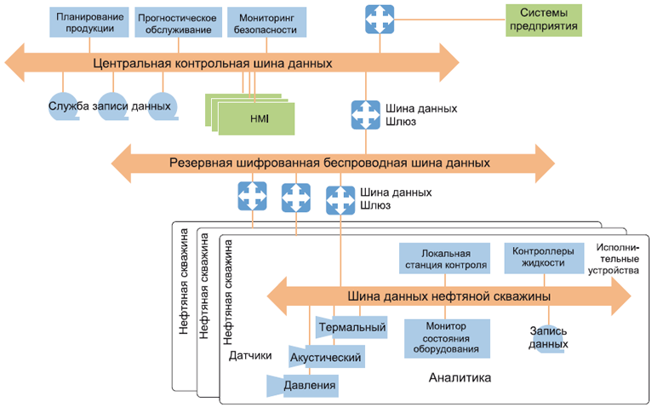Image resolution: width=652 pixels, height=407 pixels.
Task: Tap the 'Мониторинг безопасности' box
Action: tap(266, 23)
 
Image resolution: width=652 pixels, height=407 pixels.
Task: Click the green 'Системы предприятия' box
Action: tap(543, 20)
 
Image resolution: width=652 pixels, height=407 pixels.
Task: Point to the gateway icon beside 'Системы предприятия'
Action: tap(379, 20)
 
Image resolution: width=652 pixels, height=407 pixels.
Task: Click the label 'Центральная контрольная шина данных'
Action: tap(212, 63)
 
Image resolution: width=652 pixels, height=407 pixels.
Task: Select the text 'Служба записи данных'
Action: tap(110, 106)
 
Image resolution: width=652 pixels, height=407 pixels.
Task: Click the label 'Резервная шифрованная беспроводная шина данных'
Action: tap(329, 162)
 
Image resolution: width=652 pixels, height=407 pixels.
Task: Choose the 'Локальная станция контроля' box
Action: tap(445, 259)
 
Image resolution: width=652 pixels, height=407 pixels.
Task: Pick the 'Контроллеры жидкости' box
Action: tap(540, 259)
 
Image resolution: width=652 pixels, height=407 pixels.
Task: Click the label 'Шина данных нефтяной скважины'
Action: tap(449, 296)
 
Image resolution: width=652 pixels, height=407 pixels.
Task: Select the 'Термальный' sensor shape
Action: tap(351, 328)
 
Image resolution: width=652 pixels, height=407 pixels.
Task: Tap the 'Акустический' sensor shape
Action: tap(327, 357)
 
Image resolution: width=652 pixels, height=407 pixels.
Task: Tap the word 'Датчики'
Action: tap(251, 355)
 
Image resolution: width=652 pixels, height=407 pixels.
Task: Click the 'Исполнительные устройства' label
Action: tap(613, 259)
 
